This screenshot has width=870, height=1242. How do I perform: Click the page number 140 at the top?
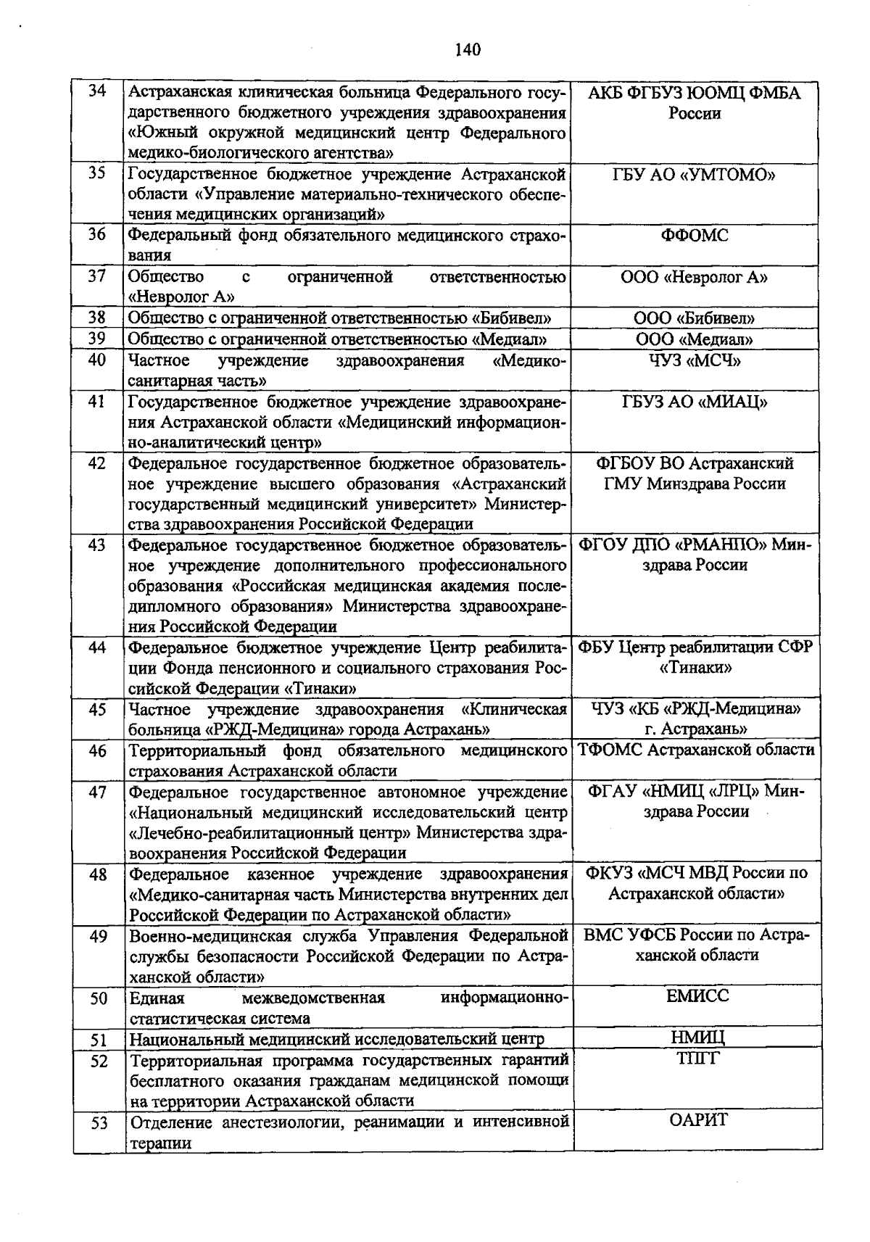pos(468,49)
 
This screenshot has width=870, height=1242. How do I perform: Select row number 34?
pos(97,91)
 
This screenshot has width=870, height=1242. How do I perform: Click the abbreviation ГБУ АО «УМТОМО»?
pos(695,175)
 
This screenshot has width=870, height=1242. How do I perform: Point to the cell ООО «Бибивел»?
pos(695,318)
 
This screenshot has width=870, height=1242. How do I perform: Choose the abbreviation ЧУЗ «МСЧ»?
pos(695,360)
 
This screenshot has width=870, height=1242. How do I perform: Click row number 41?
pos(97,402)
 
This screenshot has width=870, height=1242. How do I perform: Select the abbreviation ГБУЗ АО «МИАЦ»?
pos(695,402)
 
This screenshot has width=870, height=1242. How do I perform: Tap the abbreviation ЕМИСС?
pos(697,995)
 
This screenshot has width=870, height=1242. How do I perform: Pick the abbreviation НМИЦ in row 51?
pos(697,1038)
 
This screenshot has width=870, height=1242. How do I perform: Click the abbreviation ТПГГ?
pos(697,1059)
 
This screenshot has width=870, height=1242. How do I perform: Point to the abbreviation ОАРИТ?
pos(697,1120)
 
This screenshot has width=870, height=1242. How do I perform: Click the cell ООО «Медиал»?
pos(695,339)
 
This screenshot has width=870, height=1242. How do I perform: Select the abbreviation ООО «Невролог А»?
pos(695,277)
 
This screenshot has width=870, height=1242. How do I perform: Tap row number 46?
pos(98,750)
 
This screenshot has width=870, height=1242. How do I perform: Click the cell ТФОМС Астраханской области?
pos(696,750)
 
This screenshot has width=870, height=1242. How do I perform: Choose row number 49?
pos(99,937)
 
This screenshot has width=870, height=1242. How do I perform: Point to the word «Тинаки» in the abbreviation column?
pos(695,667)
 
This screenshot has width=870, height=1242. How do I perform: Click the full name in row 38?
pos(340,318)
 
